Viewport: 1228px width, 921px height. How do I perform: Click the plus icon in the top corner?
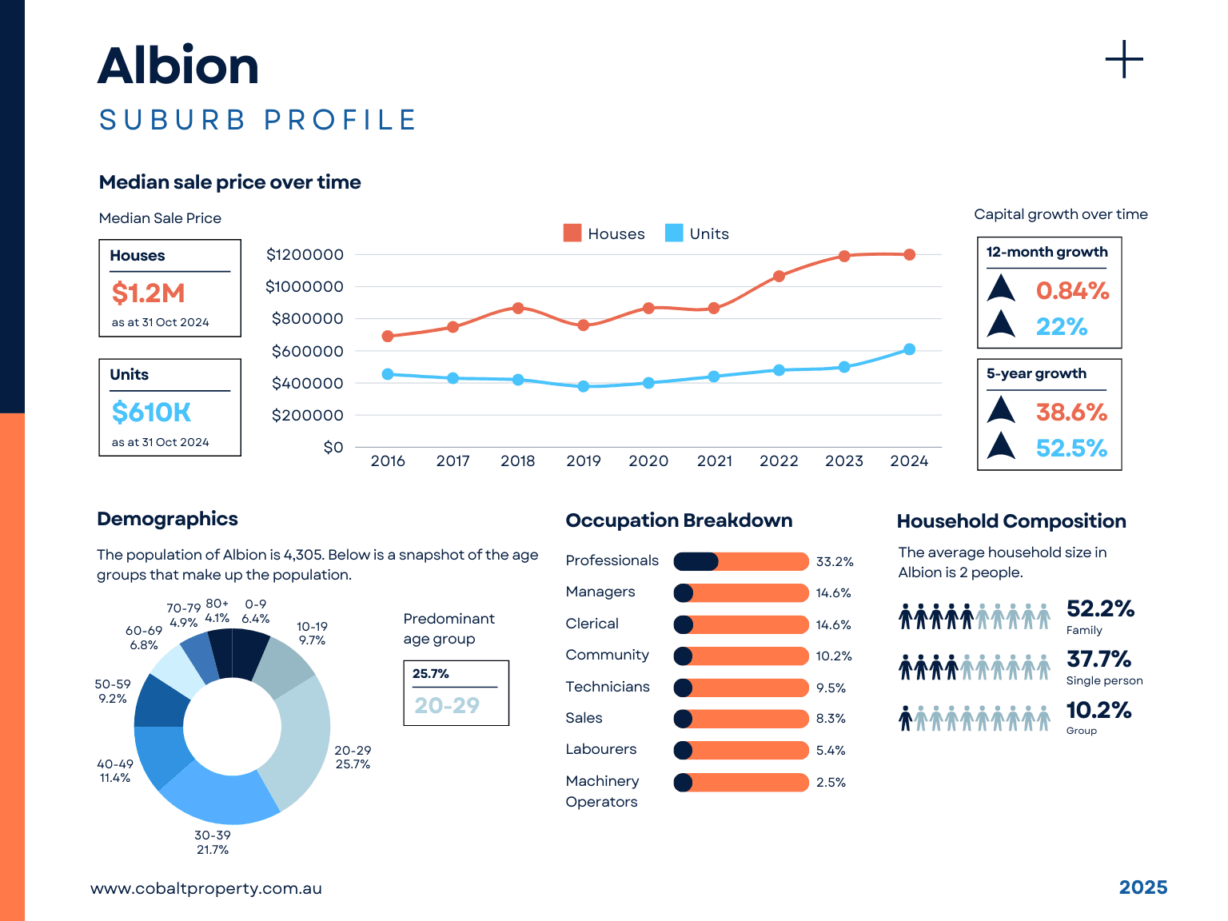click(x=1124, y=60)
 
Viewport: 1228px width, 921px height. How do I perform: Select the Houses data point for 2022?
click(x=779, y=277)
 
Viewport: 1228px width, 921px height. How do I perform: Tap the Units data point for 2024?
click(x=909, y=349)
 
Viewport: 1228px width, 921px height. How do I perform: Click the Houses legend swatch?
click(x=572, y=233)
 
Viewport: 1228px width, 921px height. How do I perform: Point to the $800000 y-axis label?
click(x=307, y=319)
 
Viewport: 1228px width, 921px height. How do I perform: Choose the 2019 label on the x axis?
click(x=583, y=461)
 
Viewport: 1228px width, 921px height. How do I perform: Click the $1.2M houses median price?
click(x=149, y=293)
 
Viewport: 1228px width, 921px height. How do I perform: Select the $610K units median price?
click(x=151, y=413)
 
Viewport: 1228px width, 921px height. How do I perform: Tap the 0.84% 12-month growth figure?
click(x=1072, y=291)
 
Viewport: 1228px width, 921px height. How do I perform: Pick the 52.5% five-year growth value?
click(x=1071, y=449)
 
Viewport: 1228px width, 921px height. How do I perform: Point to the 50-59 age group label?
click(x=113, y=692)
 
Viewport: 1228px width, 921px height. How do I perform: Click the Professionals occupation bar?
click(x=741, y=561)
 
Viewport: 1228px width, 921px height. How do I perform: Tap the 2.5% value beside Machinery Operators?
click(x=831, y=783)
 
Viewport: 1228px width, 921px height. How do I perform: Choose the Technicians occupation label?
click(x=608, y=687)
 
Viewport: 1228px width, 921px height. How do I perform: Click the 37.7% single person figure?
click(x=1098, y=660)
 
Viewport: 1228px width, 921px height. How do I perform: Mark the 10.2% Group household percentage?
click(x=1098, y=710)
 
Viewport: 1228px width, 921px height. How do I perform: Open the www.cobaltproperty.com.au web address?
click(x=206, y=888)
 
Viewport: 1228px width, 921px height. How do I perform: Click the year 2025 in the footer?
click(x=1142, y=887)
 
